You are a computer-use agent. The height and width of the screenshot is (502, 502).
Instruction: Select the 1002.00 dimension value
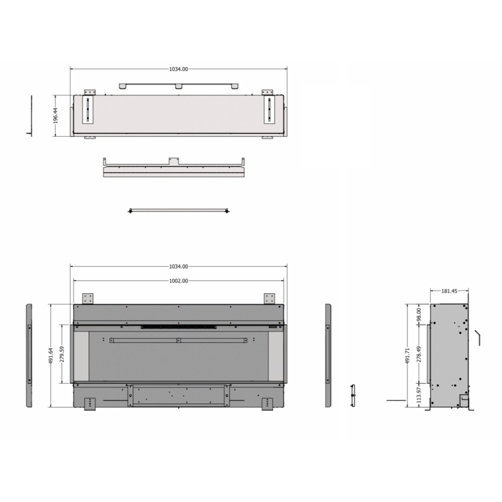[x=178, y=281]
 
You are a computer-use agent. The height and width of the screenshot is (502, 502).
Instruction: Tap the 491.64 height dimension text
[x=51, y=356]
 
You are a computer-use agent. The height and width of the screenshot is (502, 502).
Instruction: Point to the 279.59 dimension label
[x=62, y=354]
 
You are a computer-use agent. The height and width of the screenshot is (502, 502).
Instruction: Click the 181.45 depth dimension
[x=449, y=291]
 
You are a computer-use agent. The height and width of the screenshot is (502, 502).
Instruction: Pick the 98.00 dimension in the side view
[x=419, y=314]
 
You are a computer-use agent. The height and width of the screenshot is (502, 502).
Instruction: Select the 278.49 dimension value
[x=419, y=354]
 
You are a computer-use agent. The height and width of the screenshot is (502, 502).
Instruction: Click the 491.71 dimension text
[x=408, y=356]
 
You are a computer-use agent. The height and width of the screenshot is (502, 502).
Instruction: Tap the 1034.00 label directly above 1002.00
[x=178, y=267]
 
